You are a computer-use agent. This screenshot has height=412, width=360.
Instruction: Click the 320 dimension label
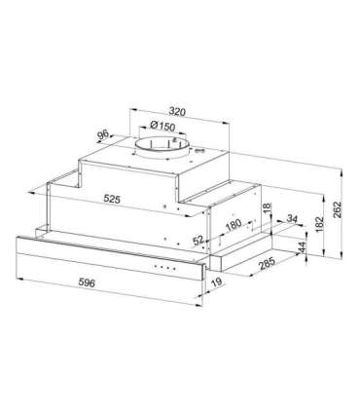177,111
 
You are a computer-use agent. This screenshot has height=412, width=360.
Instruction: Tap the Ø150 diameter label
162,126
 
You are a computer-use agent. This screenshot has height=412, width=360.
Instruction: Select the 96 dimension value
103,134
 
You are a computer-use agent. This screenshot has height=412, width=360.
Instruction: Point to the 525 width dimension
112,199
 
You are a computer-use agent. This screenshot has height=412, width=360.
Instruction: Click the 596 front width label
87,282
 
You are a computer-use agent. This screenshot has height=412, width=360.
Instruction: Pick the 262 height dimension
337,210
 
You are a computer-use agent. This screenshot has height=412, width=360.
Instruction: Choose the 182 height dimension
319,224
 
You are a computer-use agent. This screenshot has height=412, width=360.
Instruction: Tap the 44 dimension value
302,247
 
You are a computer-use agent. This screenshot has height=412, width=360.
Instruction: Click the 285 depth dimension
268,263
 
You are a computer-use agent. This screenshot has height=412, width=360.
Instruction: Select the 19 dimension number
217,281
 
